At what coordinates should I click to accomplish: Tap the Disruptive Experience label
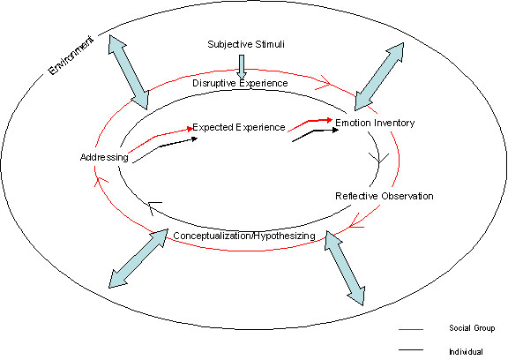(240, 83)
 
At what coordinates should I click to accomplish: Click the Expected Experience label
(238, 127)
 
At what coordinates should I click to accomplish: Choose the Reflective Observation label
(384, 196)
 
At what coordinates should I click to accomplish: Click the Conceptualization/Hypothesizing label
(244, 236)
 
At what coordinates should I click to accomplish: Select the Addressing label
(104, 158)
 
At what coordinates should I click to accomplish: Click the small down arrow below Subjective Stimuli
(241, 64)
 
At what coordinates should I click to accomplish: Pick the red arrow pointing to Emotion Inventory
(310, 122)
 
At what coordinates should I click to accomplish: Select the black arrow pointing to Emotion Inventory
(316, 134)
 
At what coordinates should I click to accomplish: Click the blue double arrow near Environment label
(129, 71)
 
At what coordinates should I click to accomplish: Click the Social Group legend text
(467, 328)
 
